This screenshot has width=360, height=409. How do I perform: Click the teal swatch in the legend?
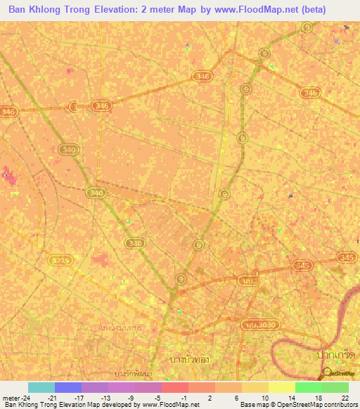tap(41, 387)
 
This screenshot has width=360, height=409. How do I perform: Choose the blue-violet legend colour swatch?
tap(68, 387)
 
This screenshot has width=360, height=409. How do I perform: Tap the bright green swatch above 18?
tap(309, 387)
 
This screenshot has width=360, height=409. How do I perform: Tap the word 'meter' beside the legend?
tap(11, 397)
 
